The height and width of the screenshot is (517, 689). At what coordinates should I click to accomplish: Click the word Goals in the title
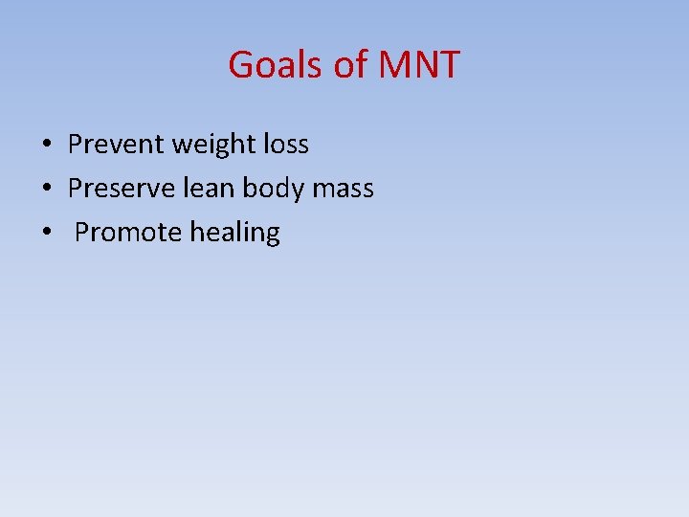pyautogui.click(x=276, y=65)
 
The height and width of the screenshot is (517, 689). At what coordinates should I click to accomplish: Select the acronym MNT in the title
pyautogui.click(x=419, y=65)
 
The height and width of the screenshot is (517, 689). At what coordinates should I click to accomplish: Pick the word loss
pyautogui.click(x=284, y=145)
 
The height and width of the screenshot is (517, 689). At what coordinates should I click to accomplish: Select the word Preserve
pyautogui.click(x=122, y=189)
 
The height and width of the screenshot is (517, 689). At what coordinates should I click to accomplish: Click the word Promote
pyautogui.click(x=128, y=233)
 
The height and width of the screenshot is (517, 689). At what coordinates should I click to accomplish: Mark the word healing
pyautogui.click(x=235, y=234)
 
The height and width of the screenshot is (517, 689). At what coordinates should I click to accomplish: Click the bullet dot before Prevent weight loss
pyautogui.click(x=46, y=146)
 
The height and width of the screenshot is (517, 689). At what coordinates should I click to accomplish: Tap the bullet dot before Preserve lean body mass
pyautogui.click(x=46, y=190)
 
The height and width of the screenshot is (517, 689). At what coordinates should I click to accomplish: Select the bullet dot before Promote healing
pyautogui.click(x=46, y=234)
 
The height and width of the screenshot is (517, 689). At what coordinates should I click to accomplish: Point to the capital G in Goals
pyautogui.click(x=241, y=65)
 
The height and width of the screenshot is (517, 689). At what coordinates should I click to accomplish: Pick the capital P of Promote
pyautogui.click(x=81, y=233)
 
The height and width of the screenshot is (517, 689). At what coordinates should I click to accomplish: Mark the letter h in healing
pyautogui.click(x=196, y=233)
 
